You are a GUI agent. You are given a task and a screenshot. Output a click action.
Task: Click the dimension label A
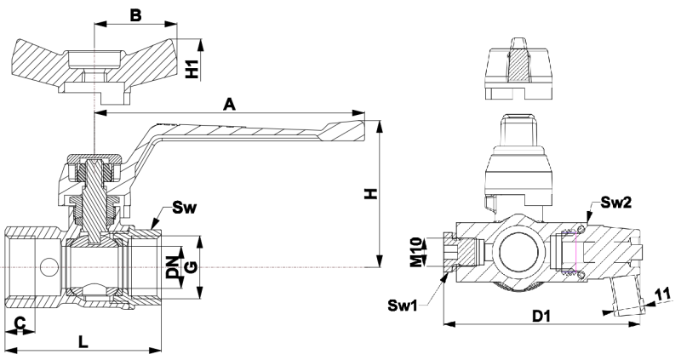228,104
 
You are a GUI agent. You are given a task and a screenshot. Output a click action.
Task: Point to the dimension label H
369,195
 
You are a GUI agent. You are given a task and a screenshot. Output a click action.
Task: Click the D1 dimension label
540,317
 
